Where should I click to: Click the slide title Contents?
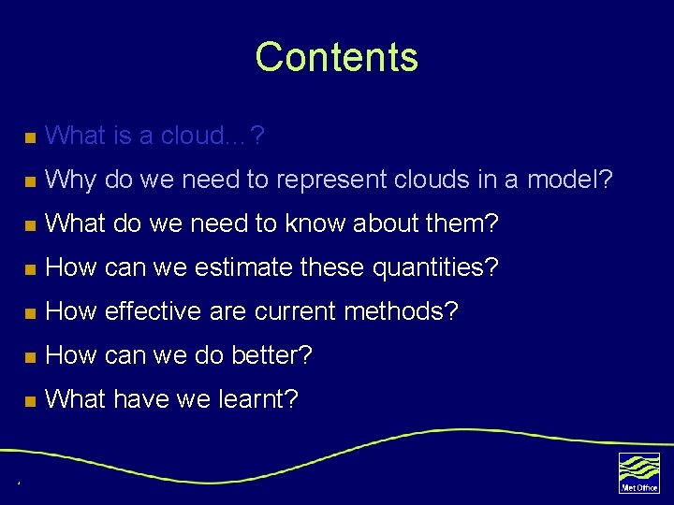point(336,57)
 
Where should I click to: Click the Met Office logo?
point(638,472)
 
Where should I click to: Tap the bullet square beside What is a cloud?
point(30,137)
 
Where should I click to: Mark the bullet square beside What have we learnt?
point(30,401)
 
